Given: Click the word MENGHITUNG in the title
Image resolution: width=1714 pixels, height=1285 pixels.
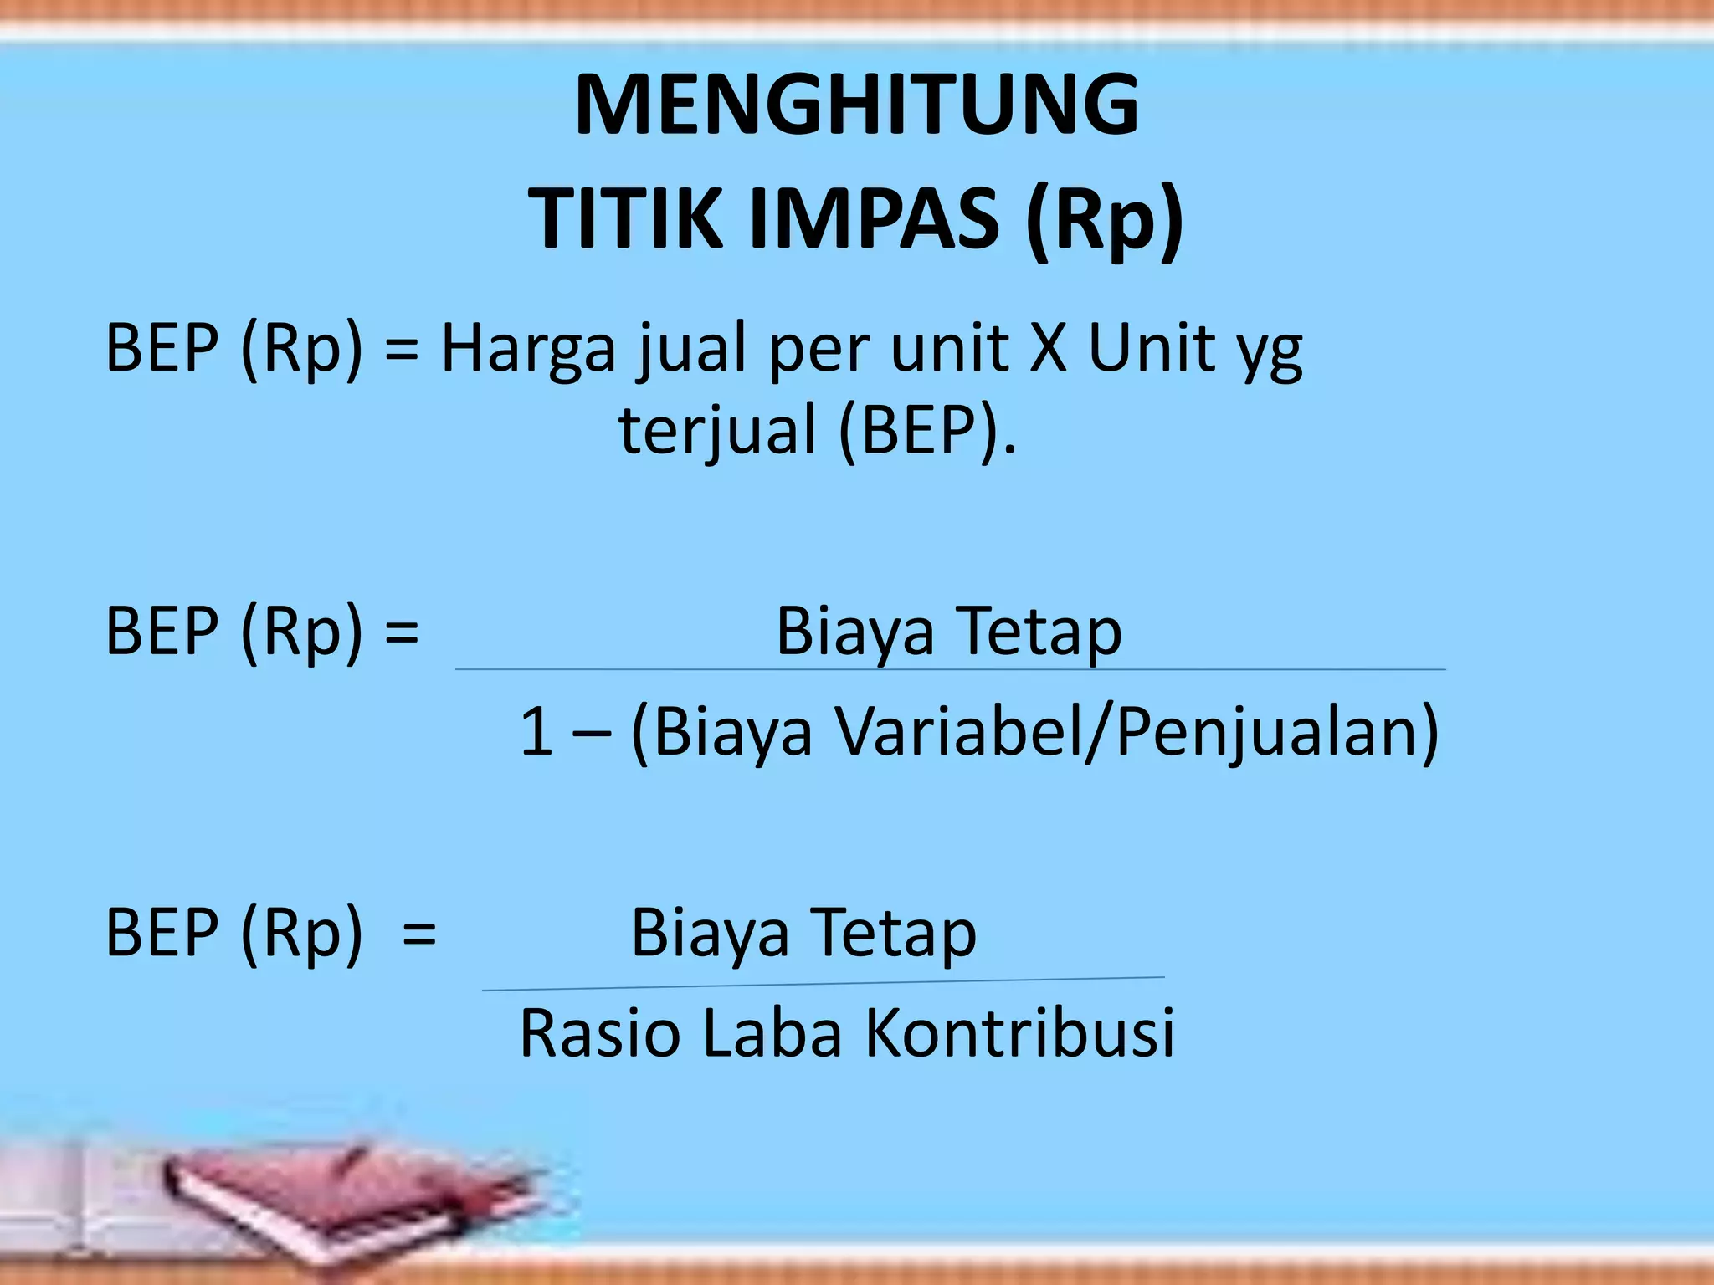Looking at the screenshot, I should tap(856, 105).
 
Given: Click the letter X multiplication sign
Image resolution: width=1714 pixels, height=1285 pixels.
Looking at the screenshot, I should tap(1049, 349).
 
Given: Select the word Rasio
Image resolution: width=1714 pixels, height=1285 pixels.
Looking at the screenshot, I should tap(600, 1034).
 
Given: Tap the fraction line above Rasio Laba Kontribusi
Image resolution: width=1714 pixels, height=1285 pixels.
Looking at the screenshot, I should tap(823, 984).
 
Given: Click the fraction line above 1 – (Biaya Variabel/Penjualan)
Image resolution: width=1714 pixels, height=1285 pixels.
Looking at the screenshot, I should tap(950, 669).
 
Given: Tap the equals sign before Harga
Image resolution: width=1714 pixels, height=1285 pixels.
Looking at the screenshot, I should tap(402, 350).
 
